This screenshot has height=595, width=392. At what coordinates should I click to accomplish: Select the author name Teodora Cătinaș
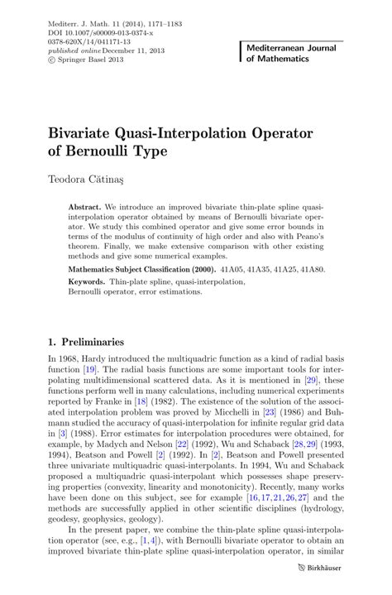pos(94,179)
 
